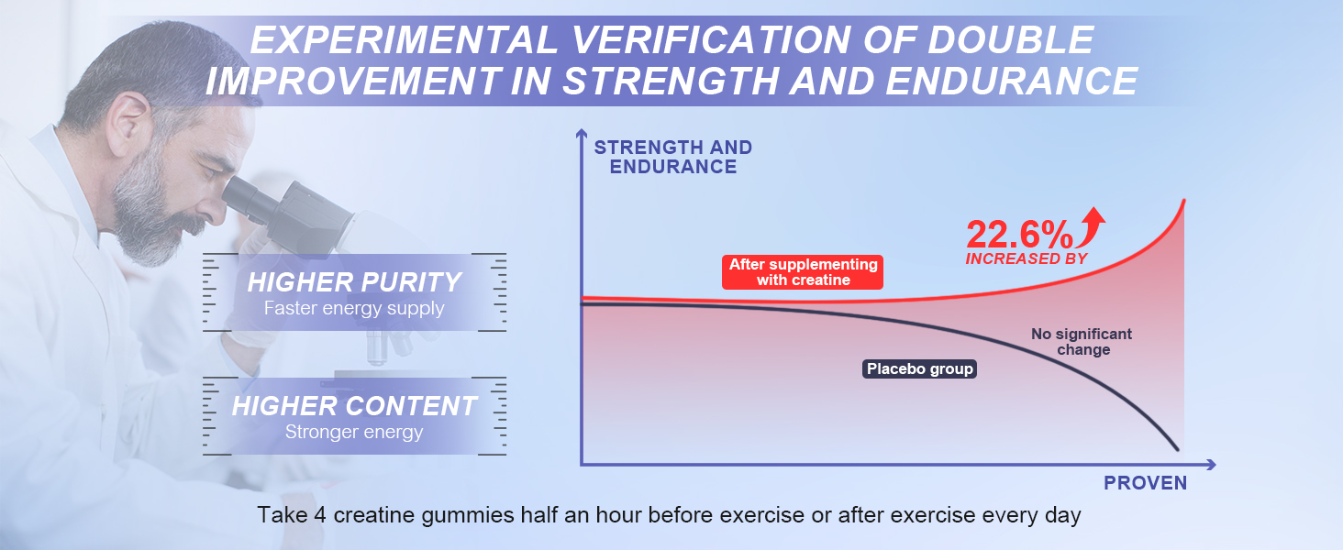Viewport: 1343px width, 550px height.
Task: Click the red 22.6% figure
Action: pyautogui.click(x=1019, y=235)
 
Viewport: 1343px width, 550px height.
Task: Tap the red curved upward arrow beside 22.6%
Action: pyautogui.click(x=1092, y=226)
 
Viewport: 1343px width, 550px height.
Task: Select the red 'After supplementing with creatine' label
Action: pyautogui.click(x=802, y=272)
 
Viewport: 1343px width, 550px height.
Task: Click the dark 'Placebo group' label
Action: pyautogui.click(x=920, y=368)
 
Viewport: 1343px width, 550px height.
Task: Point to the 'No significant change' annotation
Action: pyautogui.click(x=1082, y=342)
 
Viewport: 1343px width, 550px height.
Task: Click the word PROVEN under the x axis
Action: pyautogui.click(x=1145, y=483)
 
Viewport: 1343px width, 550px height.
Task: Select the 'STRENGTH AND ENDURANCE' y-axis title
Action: pyautogui.click(x=672, y=157)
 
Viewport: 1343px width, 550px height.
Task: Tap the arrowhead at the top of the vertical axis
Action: pyautogui.click(x=581, y=133)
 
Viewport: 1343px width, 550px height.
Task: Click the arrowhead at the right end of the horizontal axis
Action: pyautogui.click(x=1211, y=465)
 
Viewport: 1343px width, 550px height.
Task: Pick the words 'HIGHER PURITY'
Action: pyautogui.click(x=354, y=282)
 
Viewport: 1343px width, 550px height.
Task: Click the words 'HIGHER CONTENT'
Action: pyautogui.click(x=354, y=406)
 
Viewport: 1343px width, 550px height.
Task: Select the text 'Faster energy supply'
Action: pyautogui.click(x=354, y=309)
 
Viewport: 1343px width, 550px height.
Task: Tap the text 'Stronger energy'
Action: pyautogui.click(x=354, y=432)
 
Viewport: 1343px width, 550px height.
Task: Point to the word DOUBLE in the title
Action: pyautogui.click(x=1011, y=39)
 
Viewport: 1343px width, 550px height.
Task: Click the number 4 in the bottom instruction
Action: pyautogui.click(x=320, y=515)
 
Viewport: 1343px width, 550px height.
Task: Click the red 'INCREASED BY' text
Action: pyautogui.click(x=1027, y=258)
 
